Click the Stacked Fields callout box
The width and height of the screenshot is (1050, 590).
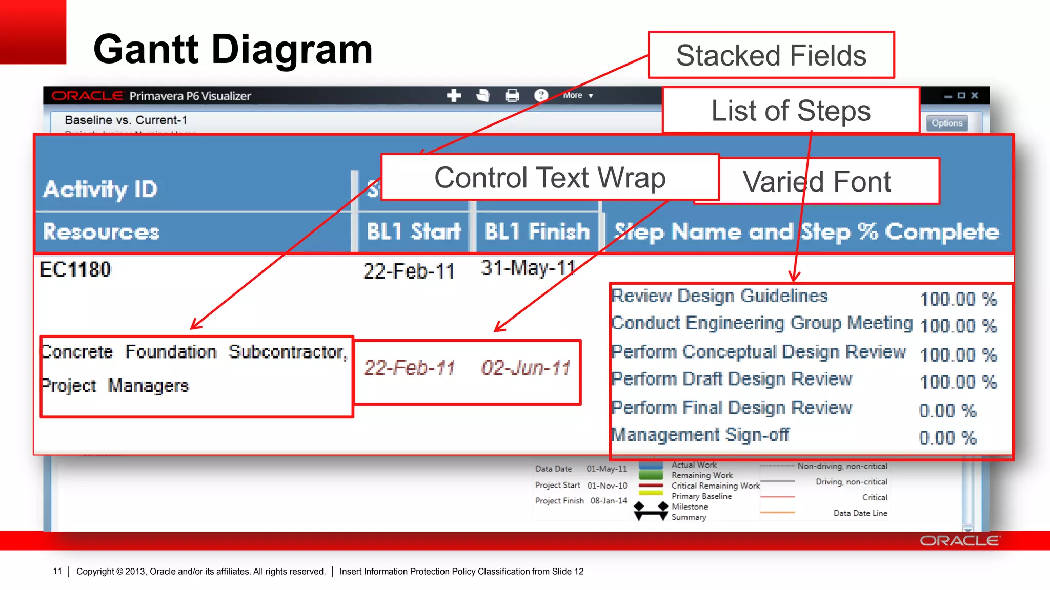pos(771,55)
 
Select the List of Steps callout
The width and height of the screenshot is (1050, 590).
pos(790,110)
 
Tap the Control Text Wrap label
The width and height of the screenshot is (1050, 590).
pos(550,178)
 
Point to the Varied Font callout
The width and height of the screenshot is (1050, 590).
pos(817,182)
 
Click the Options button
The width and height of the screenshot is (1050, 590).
pos(946,123)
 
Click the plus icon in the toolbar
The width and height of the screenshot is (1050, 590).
pos(454,95)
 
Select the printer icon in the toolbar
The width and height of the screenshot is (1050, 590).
pos(512,95)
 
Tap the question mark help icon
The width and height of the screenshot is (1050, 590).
pos(541,95)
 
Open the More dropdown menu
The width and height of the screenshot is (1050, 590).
pos(577,95)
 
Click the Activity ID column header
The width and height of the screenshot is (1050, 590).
pos(100,189)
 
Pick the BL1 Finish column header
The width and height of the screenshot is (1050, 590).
pos(537,231)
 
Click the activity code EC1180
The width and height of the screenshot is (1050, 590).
pos(75,269)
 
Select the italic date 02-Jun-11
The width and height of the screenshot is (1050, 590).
pos(526,368)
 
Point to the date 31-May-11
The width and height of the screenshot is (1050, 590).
pos(528,268)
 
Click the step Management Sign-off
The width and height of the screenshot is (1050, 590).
pos(700,435)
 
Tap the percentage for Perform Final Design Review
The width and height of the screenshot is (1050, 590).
pos(947,410)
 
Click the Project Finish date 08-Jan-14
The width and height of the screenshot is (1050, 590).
pos(609,500)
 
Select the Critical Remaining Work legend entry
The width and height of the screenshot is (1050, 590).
pos(715,486)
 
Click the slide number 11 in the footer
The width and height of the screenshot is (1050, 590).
pos(57,571)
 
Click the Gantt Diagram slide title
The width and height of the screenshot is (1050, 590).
pos(233,50)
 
